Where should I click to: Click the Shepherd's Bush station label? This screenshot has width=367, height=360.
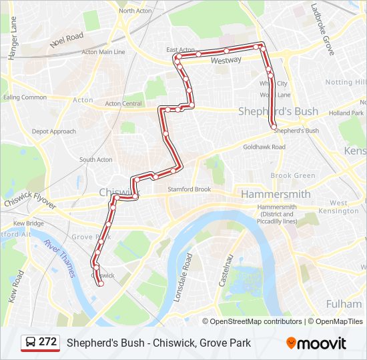point(296,131)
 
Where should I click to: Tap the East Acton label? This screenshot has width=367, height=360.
point(180,50)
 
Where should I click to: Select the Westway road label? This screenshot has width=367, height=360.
point(226,60)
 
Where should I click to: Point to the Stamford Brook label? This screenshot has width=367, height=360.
point(189,189)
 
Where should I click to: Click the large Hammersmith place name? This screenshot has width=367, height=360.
point(276,194)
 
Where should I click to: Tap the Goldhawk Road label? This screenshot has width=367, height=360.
point(264,147)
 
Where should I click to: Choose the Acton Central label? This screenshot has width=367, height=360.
point(123,103)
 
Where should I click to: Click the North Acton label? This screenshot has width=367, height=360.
point(135,11)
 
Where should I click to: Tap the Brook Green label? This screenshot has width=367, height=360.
point(293,175)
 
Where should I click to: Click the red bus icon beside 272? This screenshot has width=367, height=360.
point(31,343)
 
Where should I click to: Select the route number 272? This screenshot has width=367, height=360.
point(47,342)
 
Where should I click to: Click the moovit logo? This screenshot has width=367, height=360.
point(316,343)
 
